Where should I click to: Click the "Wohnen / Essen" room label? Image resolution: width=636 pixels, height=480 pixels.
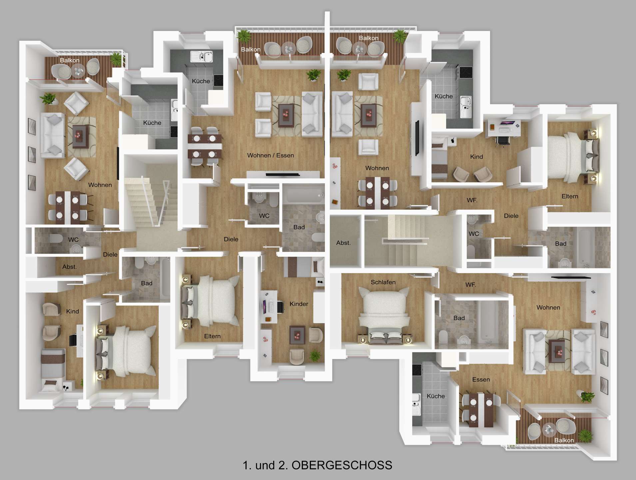click(x=271, y=155)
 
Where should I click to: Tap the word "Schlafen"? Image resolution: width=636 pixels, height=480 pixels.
click(x=383, y=282)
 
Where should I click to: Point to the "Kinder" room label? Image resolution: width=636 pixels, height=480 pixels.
click(x=299, y=304)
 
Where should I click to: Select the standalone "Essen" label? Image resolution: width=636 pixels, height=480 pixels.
click(x=481, y=380)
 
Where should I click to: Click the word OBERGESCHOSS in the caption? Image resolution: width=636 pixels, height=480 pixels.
click(x=342, y=465)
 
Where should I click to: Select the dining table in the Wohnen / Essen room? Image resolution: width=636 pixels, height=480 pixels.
click(x=205, y=146)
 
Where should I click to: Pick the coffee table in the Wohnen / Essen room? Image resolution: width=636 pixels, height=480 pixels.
click(x=286, y=115)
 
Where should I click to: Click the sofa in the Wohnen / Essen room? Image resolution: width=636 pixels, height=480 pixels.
click(x=312, y=114)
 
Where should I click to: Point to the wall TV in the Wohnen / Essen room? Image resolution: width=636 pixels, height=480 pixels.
click(x=283, y=174)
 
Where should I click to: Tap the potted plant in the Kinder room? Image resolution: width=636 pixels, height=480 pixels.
click(x=315, y=356)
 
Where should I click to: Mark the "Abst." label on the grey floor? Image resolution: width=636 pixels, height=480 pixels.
click(x=343, y=243)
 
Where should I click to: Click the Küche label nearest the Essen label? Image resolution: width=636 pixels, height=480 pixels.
click(x=436, y=396)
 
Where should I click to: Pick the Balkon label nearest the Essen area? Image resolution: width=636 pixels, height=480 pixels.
click(x=564, y=440)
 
